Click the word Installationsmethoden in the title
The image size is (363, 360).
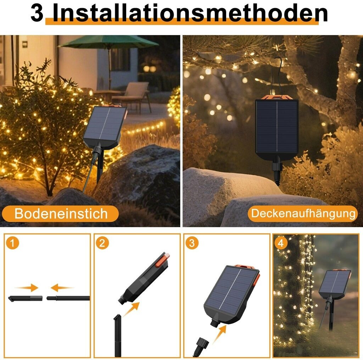click(190, 13)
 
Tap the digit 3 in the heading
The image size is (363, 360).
click(37, 13)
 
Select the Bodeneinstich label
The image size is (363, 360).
click(61, 213)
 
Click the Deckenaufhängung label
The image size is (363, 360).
click(303, 213)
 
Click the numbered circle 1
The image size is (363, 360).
click(12, 243)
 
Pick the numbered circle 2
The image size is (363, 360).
click(102, 243)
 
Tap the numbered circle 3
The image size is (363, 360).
click(192, 243)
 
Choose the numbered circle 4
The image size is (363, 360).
click(281, 243)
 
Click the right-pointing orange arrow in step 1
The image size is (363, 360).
click(27, 288)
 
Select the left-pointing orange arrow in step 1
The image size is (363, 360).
click(62, 288)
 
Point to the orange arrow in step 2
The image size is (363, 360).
click(131, 309)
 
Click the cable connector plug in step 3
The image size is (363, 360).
click(201, 344)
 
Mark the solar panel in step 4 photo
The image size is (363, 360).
click(335, 284)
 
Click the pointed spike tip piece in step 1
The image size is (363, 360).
click(25, 298)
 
